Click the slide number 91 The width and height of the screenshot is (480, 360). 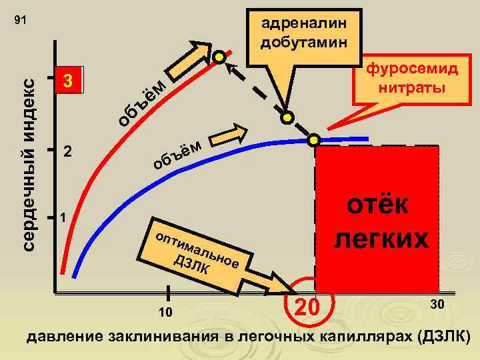click(20, 21)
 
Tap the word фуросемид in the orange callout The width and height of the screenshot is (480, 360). click(410, 70)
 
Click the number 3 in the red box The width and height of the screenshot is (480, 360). click(66, 83)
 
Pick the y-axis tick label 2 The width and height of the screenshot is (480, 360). click(67, 151)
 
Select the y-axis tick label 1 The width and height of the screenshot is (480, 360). click(62, 218)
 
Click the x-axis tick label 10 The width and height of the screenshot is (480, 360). click(167, 313)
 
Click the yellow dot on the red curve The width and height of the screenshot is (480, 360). click(219, 56)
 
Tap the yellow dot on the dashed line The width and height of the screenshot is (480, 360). click(287, 118)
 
